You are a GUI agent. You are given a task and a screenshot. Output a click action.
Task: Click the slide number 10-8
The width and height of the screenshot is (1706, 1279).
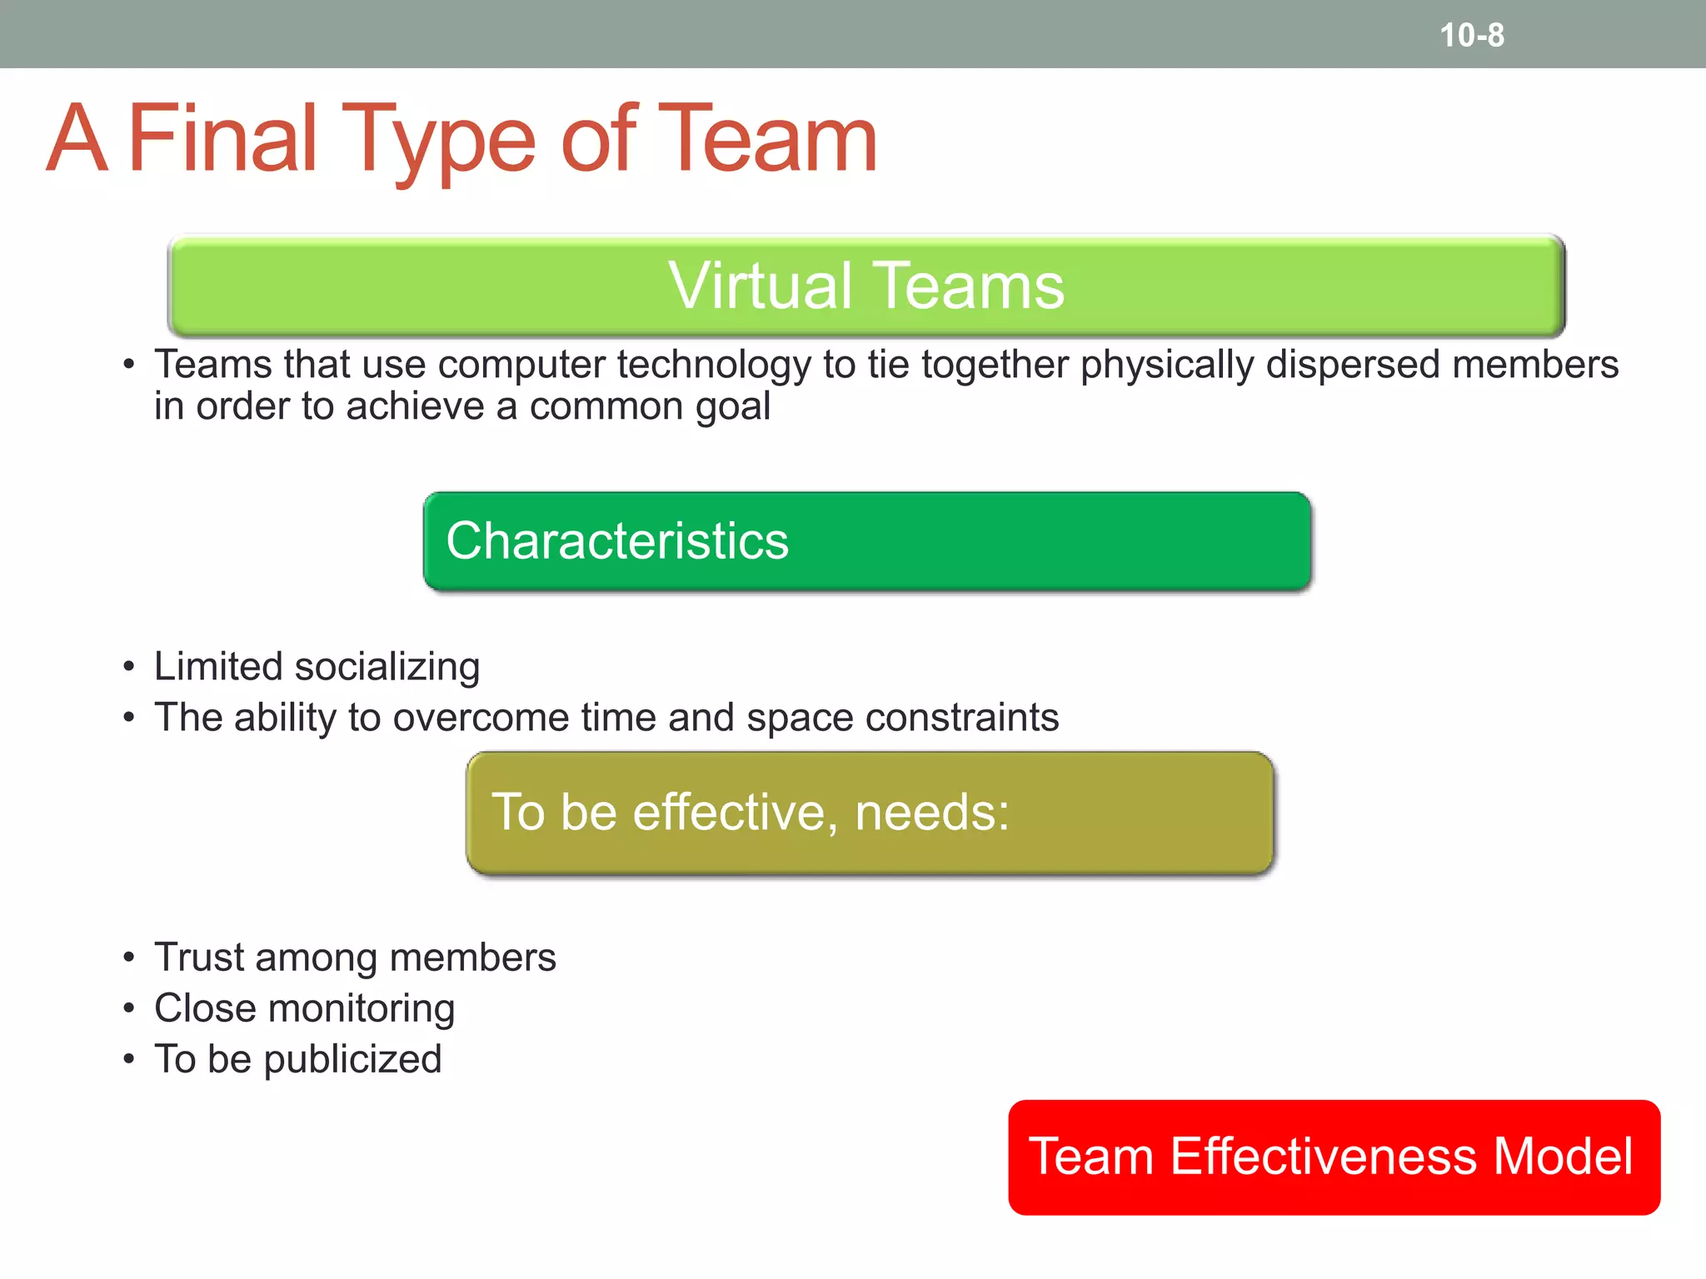tap(1472, 35)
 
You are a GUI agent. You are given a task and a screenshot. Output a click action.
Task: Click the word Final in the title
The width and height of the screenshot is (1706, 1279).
tap(222, 138)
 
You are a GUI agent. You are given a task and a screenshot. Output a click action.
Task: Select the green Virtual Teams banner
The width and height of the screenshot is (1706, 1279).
tap(866, 286)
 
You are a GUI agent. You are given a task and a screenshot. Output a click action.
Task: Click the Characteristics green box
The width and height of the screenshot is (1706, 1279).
tap(866, 541)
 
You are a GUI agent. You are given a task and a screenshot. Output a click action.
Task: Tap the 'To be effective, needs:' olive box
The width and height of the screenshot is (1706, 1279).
tap(870, 813)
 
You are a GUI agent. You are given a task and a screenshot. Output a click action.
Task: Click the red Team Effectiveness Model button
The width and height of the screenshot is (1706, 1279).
tap(1334, 1157)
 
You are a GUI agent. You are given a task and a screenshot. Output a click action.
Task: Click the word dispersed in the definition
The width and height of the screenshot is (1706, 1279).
tap(1352, 365)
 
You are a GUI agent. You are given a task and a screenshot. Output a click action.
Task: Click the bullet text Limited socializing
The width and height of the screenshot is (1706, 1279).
tap(317, 667)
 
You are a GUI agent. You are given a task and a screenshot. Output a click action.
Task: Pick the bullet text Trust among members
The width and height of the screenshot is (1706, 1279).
tap(355, 958)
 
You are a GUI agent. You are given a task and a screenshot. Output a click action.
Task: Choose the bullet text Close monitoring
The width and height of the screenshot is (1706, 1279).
tap(304, 1008)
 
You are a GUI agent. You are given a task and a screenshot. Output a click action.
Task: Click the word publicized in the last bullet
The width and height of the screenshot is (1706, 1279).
tap(352, 1060)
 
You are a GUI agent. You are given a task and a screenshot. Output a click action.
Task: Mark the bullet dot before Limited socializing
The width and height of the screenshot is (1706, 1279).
tap(128, 667)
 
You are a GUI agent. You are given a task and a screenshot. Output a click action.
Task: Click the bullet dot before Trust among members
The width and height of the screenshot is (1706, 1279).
tap(128, 958)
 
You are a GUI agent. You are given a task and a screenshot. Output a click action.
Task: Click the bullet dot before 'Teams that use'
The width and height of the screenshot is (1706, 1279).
tap(128, 365)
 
